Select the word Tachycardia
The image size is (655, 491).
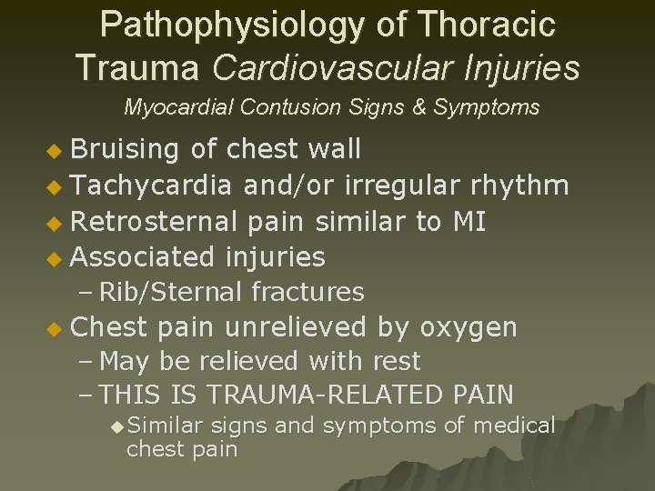click(151, 185)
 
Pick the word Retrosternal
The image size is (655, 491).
click(153, 221)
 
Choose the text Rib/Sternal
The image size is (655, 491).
click(171, 292)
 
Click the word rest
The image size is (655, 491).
click(396, 361)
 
